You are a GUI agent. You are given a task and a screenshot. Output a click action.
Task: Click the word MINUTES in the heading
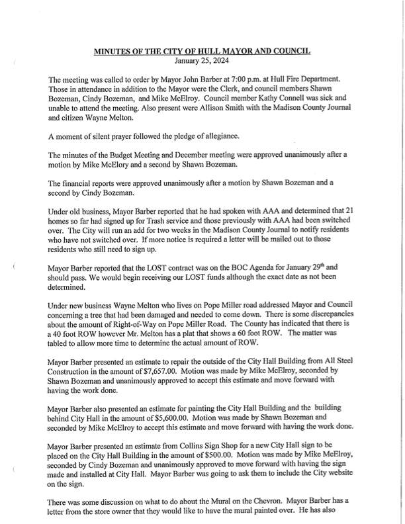pyautogui.click(x=114, y=51)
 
